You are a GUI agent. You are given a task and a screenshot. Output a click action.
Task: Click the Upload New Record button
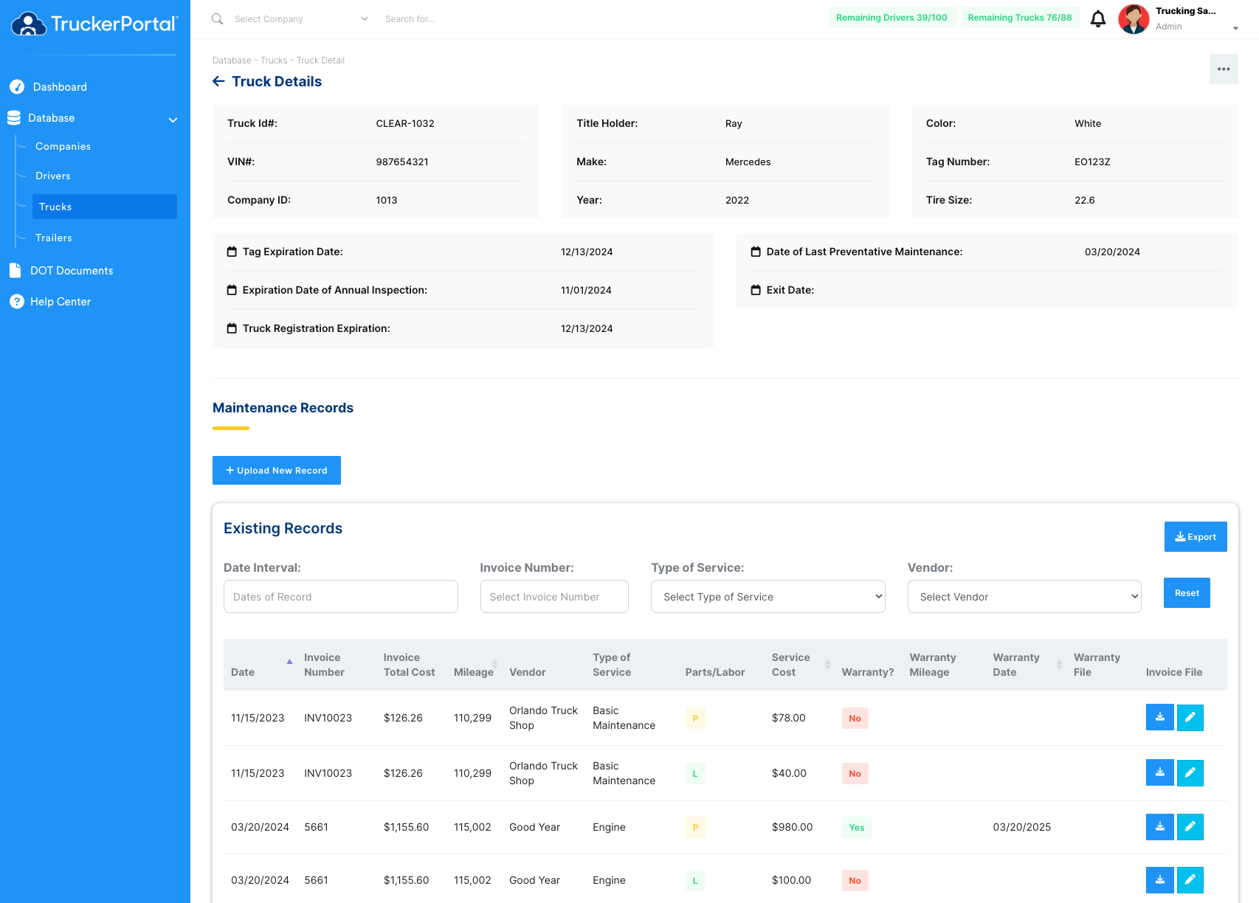(276, 471)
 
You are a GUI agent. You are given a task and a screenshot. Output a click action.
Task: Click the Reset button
(1187, 593)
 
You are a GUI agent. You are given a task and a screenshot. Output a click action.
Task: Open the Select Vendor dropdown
(1024, 596)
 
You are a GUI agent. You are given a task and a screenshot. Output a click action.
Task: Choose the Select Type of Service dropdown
(768, 596)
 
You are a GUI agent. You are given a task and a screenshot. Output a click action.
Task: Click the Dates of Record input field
(341, 596)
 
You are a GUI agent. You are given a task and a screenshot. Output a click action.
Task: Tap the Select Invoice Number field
(554, 596)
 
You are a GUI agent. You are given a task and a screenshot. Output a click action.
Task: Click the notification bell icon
(1097, 19)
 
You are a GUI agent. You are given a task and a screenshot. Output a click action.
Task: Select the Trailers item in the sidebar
(53, 238)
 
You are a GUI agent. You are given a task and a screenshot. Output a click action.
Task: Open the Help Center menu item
(60, 302)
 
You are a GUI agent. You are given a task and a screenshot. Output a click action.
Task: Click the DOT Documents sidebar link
(72, 271)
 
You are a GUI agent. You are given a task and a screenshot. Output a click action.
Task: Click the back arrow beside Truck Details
(218, 81)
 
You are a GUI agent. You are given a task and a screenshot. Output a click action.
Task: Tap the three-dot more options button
(1224, 69)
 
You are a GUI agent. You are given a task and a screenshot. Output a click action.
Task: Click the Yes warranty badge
(857, 827)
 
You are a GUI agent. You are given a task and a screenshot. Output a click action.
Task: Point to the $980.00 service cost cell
(792, 827)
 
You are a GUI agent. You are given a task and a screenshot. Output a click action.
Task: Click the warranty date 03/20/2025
(1022, 827)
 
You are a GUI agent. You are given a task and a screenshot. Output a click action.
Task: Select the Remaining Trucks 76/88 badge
(1020, 18)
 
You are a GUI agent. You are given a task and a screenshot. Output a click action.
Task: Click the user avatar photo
(1133, 19)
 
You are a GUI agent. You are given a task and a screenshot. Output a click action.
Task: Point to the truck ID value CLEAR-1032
(404, 124)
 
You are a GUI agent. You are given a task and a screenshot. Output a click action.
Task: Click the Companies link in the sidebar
(63, 146)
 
